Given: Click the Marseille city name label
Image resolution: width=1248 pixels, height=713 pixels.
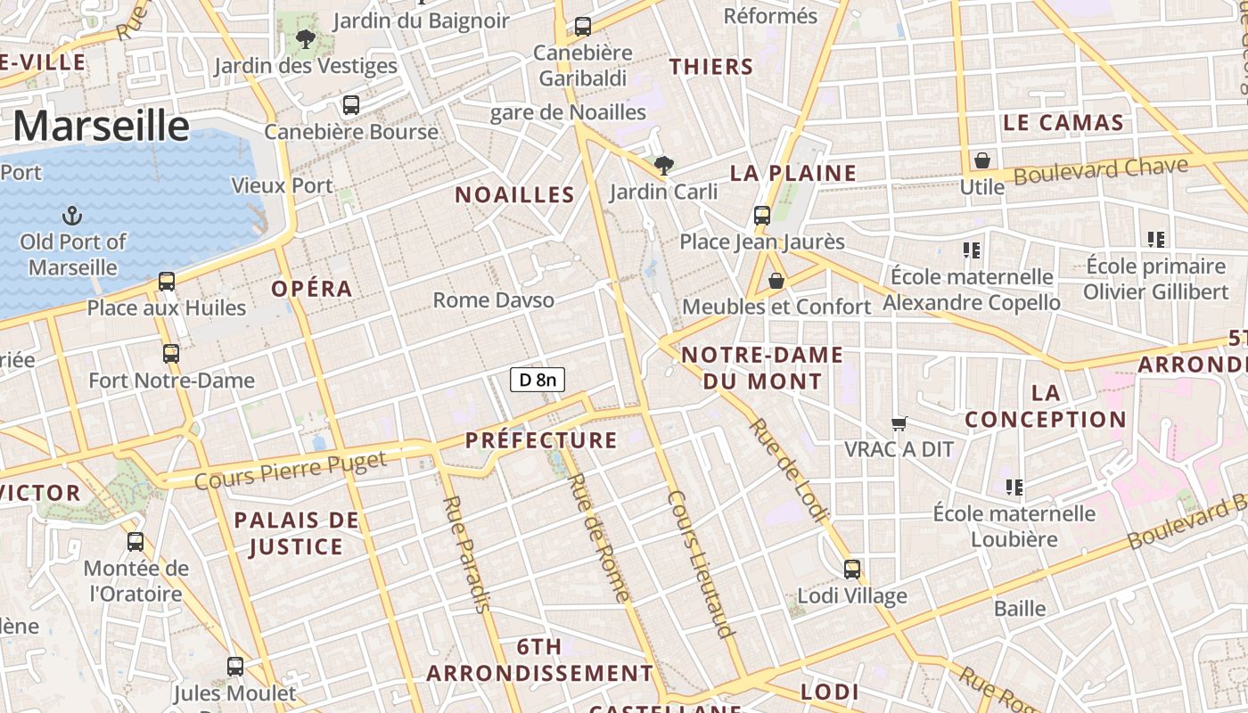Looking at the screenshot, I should click(101, 126).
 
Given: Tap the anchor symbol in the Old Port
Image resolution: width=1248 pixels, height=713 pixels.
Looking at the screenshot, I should click(71, 216).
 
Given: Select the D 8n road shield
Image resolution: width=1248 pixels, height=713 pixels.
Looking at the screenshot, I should click(538, 380).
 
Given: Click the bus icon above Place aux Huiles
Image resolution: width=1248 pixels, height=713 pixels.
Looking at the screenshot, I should click(167, 282).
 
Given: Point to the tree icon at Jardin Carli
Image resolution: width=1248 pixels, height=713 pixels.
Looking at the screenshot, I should click(663, 165).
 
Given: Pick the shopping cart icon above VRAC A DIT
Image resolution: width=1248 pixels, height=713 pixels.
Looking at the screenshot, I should click(899, 423).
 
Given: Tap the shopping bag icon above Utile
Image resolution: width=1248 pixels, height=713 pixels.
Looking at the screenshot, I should click(981, 160).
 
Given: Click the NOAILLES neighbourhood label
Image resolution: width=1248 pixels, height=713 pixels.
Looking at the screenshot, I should click(515, 195).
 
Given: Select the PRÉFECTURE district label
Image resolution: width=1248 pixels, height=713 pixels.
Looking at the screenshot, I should click(541, 440).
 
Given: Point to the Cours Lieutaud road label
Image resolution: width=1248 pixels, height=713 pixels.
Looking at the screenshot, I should click(701, 563).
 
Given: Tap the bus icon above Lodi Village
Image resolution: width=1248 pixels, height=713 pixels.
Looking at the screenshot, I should click(852, 569).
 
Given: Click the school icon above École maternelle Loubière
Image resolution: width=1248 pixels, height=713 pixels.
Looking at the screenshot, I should click(1014, 487).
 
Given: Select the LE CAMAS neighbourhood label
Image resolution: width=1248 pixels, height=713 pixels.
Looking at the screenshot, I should click(1063, 123).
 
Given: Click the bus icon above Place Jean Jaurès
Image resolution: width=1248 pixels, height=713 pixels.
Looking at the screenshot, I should click(761, 215).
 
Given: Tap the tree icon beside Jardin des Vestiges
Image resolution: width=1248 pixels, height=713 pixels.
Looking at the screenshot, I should click(306, 39).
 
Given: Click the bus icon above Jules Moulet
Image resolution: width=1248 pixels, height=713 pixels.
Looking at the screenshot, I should click(235, 666).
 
